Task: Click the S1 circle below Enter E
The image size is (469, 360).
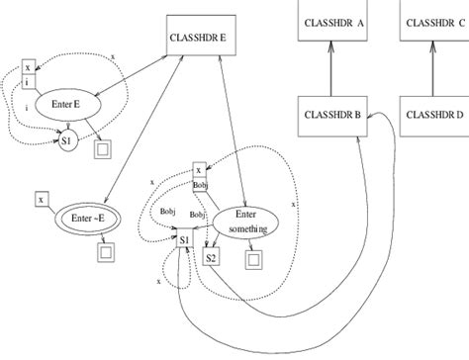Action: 67,142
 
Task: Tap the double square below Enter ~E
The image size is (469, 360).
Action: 106,252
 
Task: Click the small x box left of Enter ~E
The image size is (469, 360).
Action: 41,198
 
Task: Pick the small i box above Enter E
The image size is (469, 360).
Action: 28,83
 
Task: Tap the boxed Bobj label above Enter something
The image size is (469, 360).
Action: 200,184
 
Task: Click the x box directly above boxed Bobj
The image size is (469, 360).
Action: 199,170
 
